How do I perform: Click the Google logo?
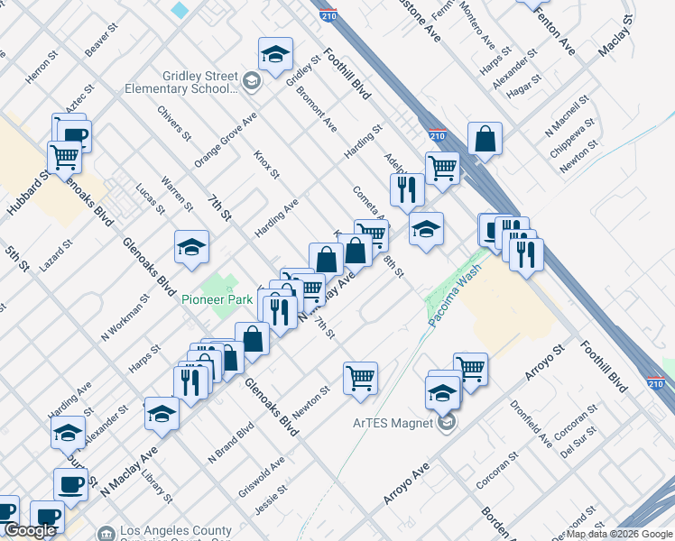(x=30, y=530)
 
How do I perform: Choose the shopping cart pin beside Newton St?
(x=360, y=378)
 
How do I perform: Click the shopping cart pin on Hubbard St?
(x=65, y=157)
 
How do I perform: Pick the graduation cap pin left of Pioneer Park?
(x=191, y=248)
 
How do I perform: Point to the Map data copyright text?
(x=619, y=534)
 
